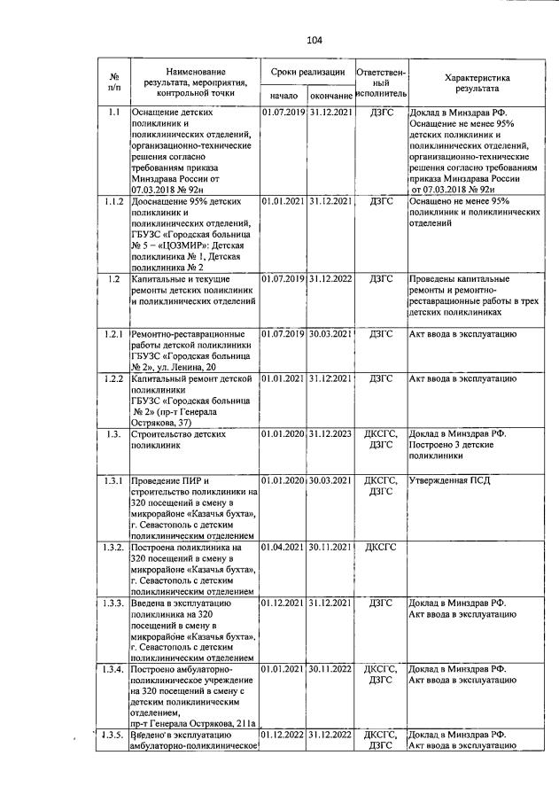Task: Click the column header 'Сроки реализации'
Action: tap(307, 71)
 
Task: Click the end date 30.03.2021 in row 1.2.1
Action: tap(330, 333)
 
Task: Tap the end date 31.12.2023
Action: tap(330, 434)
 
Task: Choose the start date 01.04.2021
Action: tap(283, 548)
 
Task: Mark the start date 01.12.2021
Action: tap(283, 603)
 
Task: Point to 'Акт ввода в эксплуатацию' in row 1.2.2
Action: tap(462, 378)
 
